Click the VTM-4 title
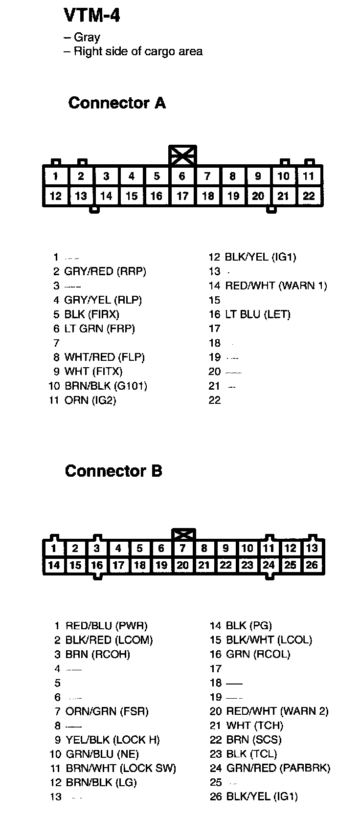pos(91,16)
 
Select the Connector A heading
pos(117,103)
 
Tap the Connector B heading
pos(113,471)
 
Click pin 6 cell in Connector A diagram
pos(182,176)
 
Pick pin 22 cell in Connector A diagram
pos(309,196)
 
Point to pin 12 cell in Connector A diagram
pos(56,196)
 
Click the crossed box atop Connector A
pos(182,155)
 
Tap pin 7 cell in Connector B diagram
pos(182,549)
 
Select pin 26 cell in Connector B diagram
pos(312,565)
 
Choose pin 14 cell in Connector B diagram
pos(54,565)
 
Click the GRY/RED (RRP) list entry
pos(105,271)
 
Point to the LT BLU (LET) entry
pos(257,314)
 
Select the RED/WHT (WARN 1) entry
pos(275,286)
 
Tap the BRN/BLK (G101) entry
pos(105,386)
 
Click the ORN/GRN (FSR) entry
pos(107,711)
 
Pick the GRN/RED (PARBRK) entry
pos(278,768)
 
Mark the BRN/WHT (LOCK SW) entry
pos(120,768)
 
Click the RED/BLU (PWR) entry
pos(106,625)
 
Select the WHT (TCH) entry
pos(254,726)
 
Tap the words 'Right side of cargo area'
pos(137,51)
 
